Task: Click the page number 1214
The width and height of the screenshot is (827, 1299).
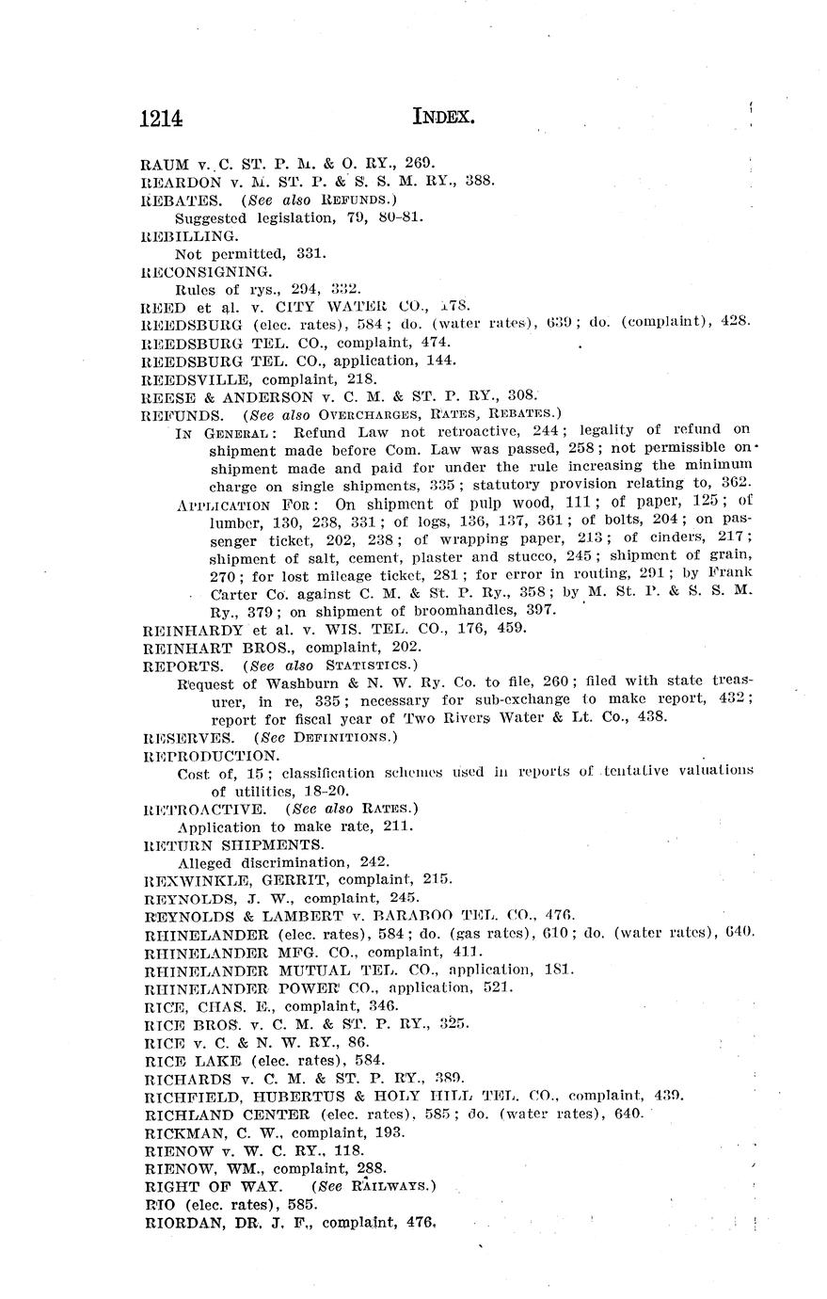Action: (160, 118)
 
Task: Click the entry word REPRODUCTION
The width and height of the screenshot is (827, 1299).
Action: (211, 755)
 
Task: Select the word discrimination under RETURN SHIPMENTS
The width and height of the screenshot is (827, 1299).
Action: (284, 861)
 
